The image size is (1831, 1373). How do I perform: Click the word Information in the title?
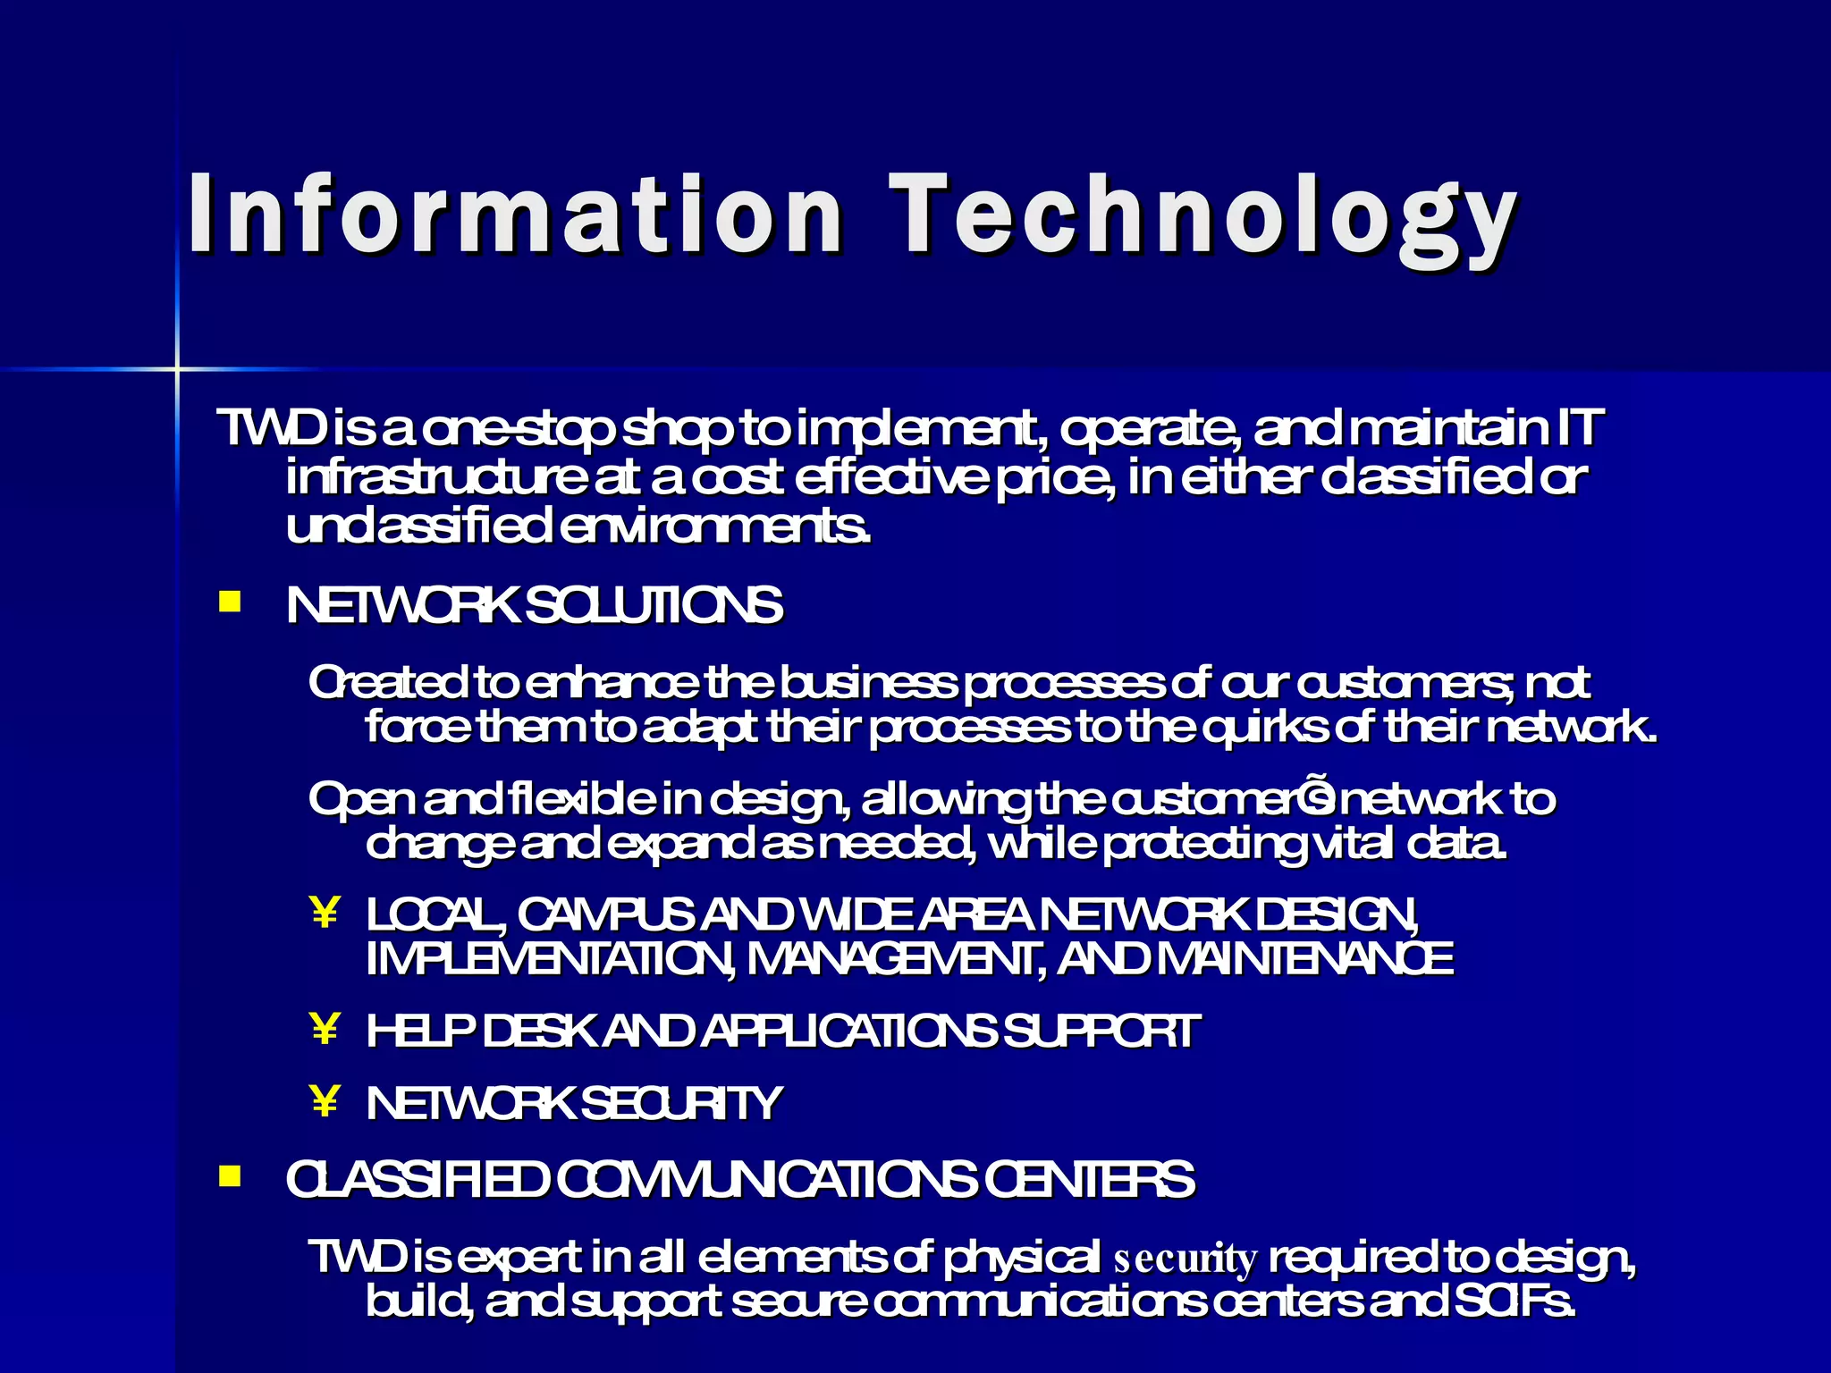tap(514, 215)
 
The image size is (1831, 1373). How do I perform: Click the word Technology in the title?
tap(1202, 219)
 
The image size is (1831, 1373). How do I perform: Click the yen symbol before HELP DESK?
tap(325, 1029)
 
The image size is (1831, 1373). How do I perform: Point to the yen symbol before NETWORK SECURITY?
tap(325, 1101)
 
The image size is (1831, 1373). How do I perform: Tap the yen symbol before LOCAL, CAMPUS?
tap(325, 914)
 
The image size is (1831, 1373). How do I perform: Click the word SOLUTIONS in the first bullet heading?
tap(654, 606)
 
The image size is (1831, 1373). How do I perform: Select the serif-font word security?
tap(1186, 1259)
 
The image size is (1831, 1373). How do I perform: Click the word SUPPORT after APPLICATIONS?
tap(1101, 1031)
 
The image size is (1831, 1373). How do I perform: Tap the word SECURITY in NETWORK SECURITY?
tap(681, 1103)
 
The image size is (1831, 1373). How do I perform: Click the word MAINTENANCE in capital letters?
tap(1305, 959)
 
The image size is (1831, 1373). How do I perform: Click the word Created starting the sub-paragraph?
tap(386, 684)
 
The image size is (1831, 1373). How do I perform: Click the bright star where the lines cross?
tap(177, 368)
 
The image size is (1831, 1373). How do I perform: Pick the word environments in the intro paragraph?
tap(715, 527)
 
